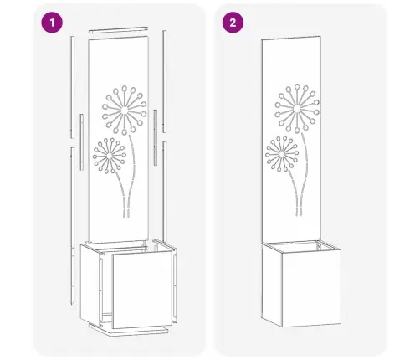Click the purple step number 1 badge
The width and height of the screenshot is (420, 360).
pos(52,23)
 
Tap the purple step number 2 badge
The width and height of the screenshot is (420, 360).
pos(233,23)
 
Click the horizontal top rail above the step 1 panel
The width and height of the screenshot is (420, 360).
pos(118,30)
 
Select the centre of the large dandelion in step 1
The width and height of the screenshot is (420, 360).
pos(125,111)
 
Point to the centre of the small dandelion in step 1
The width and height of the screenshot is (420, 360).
pos(110,156)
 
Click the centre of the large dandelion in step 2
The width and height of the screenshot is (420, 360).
pos(297,108)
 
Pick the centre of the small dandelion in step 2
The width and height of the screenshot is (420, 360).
pos(282,154)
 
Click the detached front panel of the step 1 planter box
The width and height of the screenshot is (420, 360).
pos(141,289)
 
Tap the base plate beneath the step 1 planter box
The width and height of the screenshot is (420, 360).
pos(129,330)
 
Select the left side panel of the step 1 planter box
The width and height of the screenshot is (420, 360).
pos(90,284)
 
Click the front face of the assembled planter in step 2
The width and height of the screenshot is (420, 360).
pos(311,288)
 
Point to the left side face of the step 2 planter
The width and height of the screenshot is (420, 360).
pos(272,284)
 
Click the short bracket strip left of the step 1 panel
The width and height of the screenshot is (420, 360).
pos(81,141)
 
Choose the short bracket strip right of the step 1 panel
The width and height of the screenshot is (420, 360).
pos(156,137)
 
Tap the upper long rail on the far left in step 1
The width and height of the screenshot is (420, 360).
pos(72,87)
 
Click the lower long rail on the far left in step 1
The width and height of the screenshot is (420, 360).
pos(73,225)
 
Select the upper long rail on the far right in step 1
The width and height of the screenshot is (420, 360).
pos(165,81)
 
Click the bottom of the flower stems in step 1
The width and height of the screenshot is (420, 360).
pos(126,215)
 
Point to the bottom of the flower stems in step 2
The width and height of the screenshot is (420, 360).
pos(299,213)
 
